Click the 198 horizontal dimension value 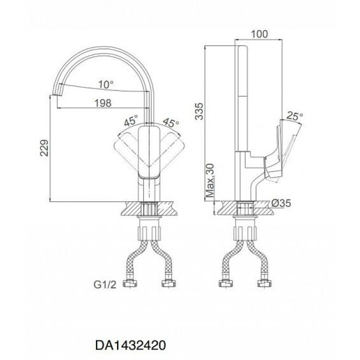pos(103,103)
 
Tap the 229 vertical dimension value pos(44,148)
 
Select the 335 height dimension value pos(199,111)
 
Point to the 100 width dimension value pos(259,34)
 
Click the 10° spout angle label pos(106,85)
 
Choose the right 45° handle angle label pos(170,123)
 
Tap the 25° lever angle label pos(295,116)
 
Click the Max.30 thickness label pos(210,180)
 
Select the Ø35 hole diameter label pos(281,203)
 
